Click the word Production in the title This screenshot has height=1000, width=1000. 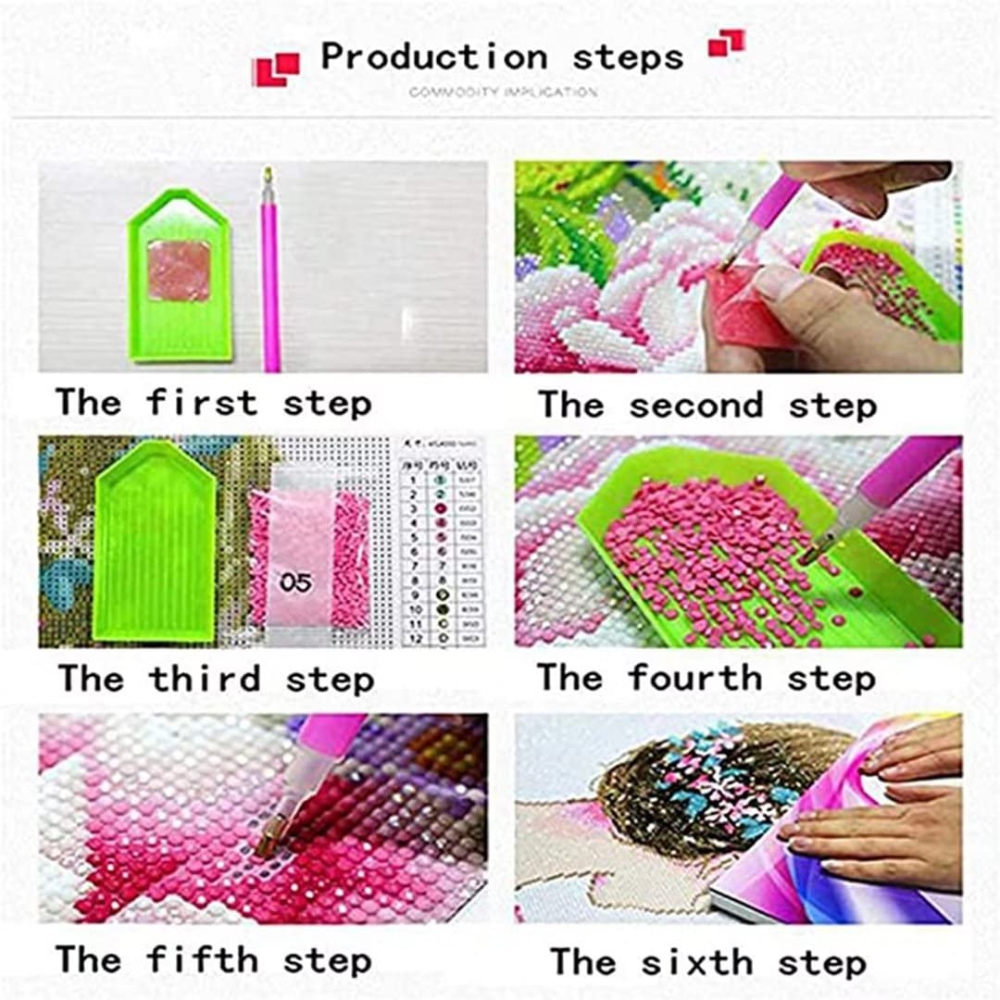[434, 57]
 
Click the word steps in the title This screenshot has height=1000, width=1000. [627, 57]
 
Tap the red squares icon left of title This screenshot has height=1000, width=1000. [276, 69]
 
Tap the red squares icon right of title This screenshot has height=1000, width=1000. [726, 43]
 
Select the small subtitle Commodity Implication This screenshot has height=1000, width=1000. [503, 93]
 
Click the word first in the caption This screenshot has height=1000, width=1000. [201, 404]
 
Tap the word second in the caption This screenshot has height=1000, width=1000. [695, 406]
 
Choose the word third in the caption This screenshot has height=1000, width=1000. [205, 679]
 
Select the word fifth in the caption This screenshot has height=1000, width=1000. [201, 959]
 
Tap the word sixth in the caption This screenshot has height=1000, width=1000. [696, 962]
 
